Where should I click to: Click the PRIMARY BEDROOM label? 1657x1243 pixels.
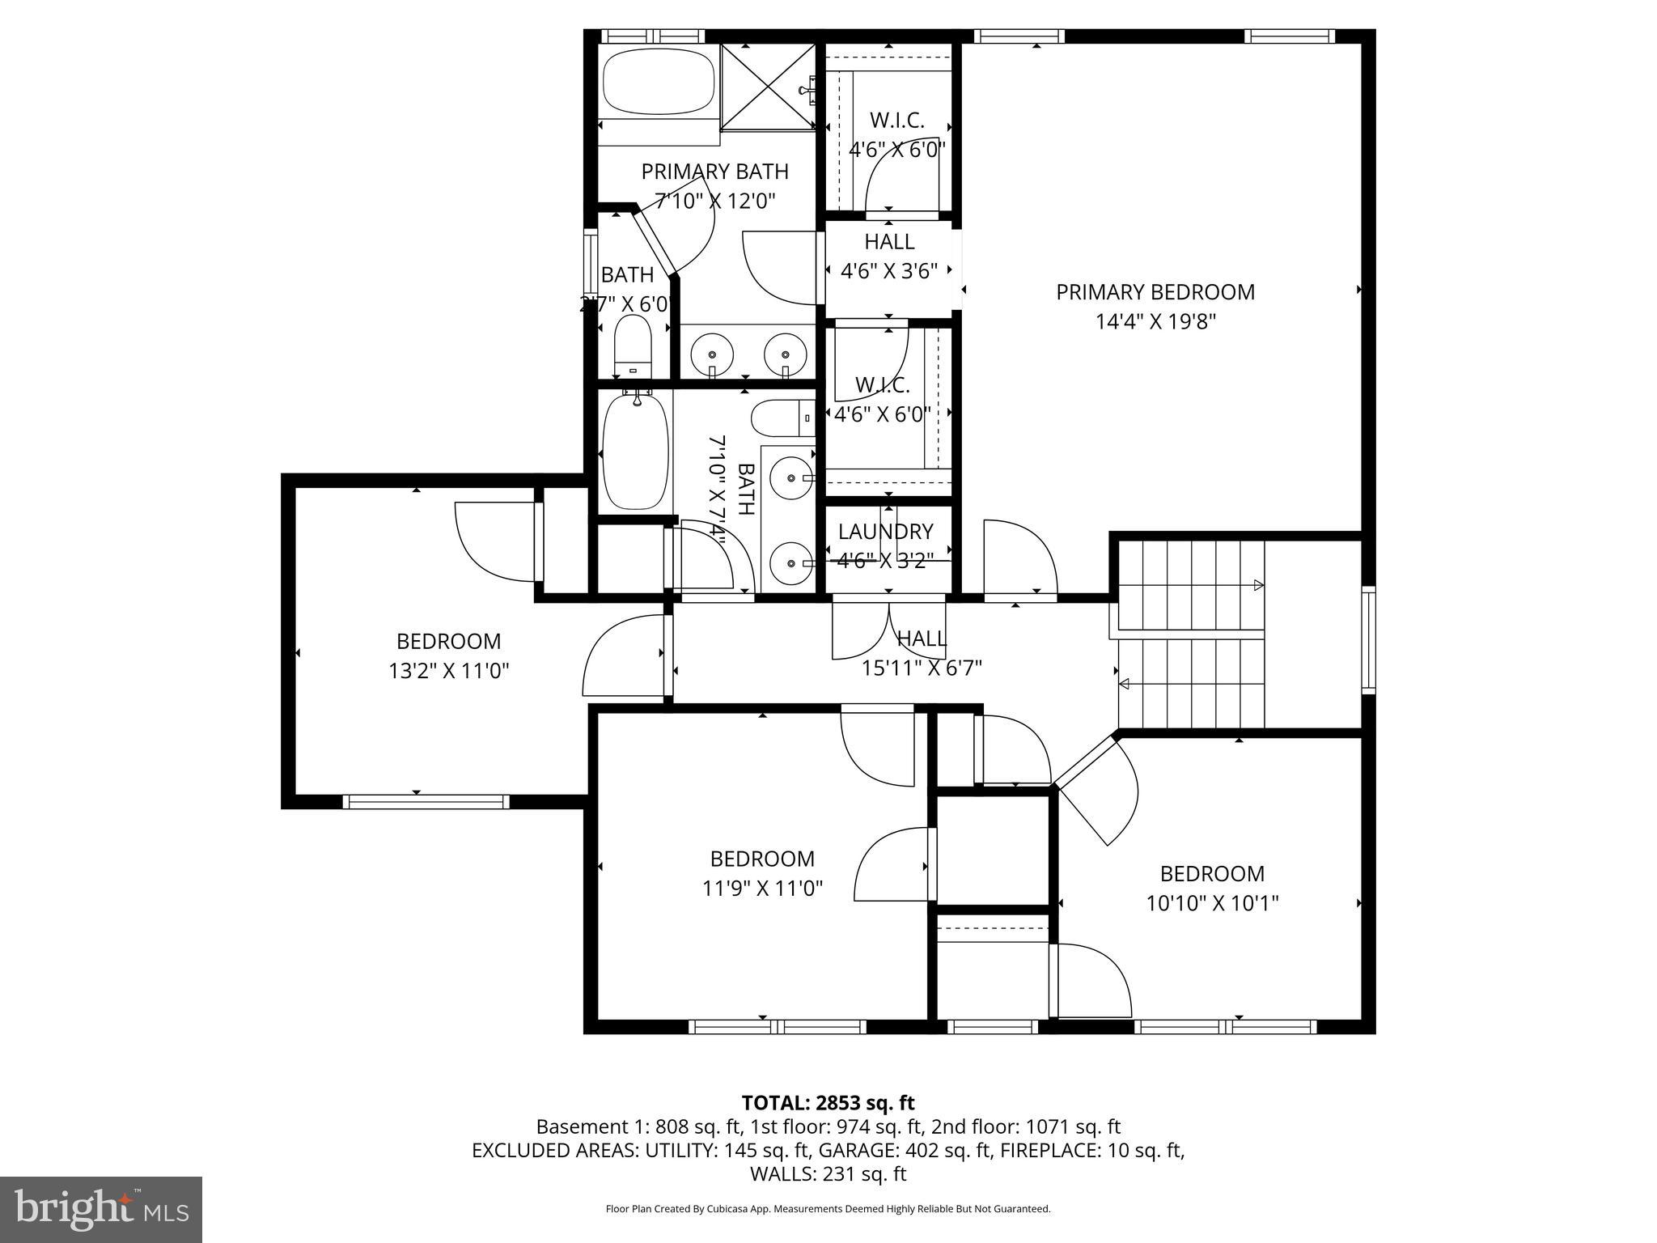coord(1155,292)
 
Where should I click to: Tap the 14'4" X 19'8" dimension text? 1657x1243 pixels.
coord(1155,322)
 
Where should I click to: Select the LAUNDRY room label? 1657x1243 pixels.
coord(885,532)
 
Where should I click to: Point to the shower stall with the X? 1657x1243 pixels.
coord(767,87)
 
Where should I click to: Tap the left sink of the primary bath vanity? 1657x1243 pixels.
coord(712,354)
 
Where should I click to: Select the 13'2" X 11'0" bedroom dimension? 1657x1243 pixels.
coord(448,671)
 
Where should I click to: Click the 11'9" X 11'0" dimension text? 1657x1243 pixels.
coord(762,889)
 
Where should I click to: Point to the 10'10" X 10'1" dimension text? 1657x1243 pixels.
coord(1211,903)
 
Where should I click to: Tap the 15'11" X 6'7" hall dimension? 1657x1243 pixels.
coord(922,668)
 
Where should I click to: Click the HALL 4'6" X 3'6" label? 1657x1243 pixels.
coord(889,242)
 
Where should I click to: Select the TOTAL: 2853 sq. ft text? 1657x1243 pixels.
coord(828,1102)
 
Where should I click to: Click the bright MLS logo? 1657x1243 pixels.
coord(101,1209)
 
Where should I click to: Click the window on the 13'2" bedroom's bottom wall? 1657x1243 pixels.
coord(426,802)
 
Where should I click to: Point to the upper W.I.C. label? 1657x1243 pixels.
coord(897,121)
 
